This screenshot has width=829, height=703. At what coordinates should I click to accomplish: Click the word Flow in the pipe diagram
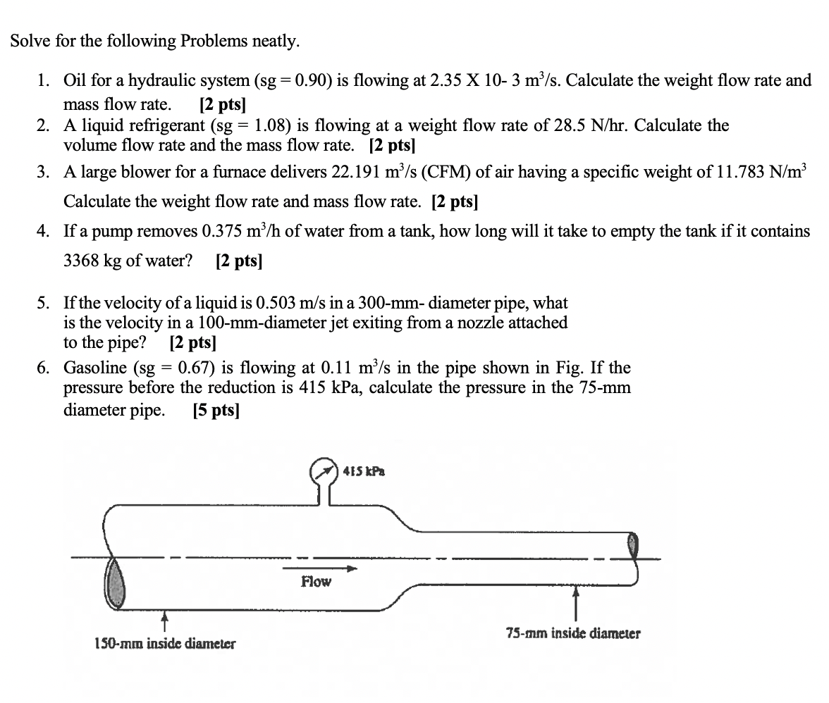[316, 582]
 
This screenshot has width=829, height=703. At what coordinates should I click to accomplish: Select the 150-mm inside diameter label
[165, 643]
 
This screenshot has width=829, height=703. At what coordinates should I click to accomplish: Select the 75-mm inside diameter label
[573, 633]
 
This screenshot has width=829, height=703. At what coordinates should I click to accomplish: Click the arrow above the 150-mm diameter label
[164, 622]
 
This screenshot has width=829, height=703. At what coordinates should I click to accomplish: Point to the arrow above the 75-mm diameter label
[575, 604]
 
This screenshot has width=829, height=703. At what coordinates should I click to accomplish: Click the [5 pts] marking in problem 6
[216, 411]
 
